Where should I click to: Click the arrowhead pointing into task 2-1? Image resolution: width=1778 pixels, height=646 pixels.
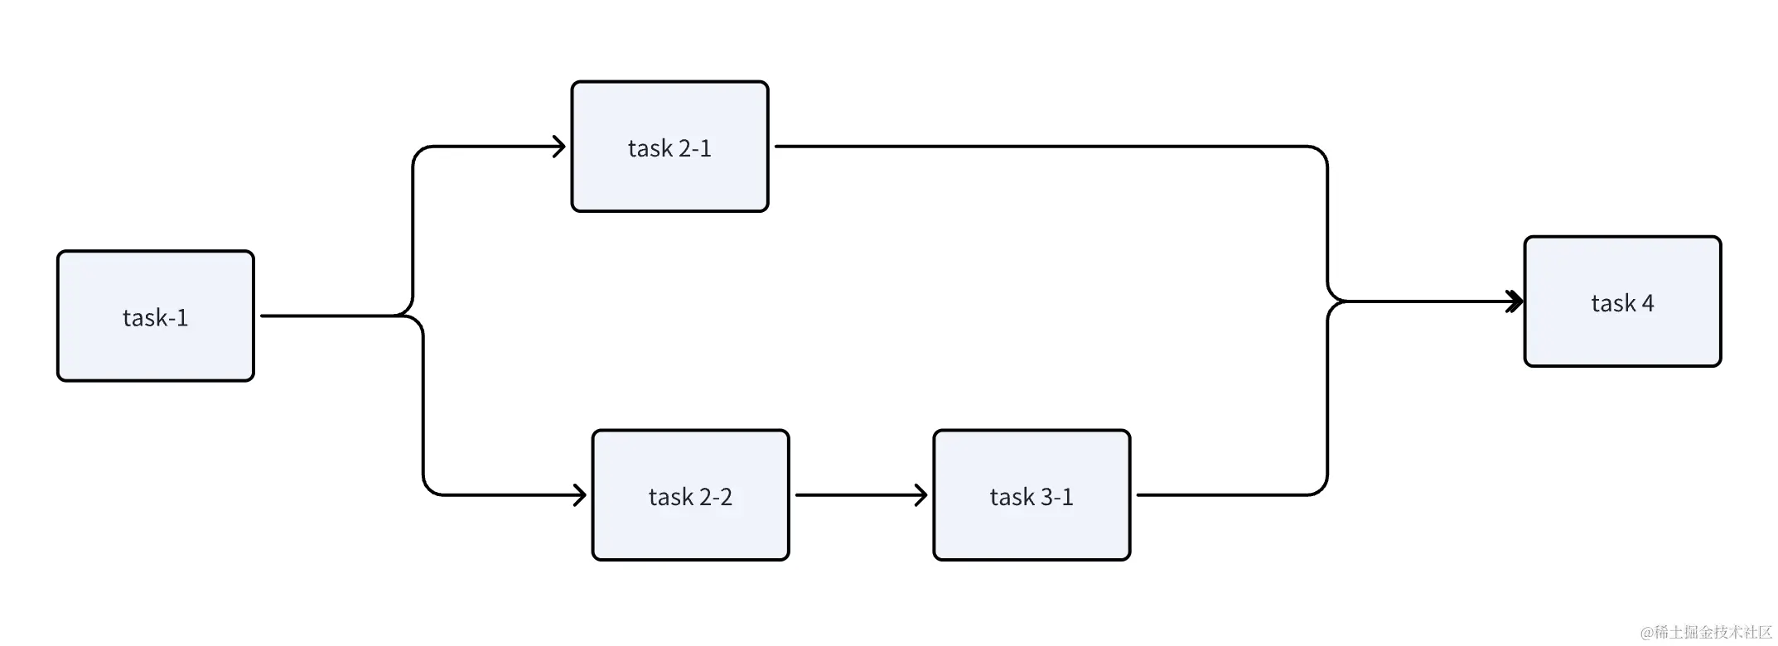click(x=561, y=147)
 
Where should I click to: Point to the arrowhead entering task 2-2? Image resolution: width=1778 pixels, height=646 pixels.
click(x=582, y=495)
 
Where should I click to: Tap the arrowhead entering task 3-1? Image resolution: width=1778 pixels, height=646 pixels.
click(x=922, y=495)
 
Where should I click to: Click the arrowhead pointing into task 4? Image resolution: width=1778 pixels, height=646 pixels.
click(x=1516, y=301)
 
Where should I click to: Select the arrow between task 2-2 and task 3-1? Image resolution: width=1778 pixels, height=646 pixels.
click(x=858, y=495)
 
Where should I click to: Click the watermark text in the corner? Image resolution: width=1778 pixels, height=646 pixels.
click(x=1706, y=633)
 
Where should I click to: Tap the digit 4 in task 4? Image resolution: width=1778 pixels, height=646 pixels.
click(x=1648, y=303)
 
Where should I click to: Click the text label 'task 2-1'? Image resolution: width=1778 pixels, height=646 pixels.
click(x=669, y=148)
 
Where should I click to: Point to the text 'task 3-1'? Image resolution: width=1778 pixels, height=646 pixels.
click(x=1032, y=497)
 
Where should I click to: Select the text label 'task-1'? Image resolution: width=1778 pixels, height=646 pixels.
click(x=155, y=318)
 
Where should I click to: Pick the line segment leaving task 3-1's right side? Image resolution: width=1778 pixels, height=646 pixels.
click(x=1218, y=495)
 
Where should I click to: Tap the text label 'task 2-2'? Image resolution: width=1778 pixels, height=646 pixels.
click(x=690, y=497)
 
